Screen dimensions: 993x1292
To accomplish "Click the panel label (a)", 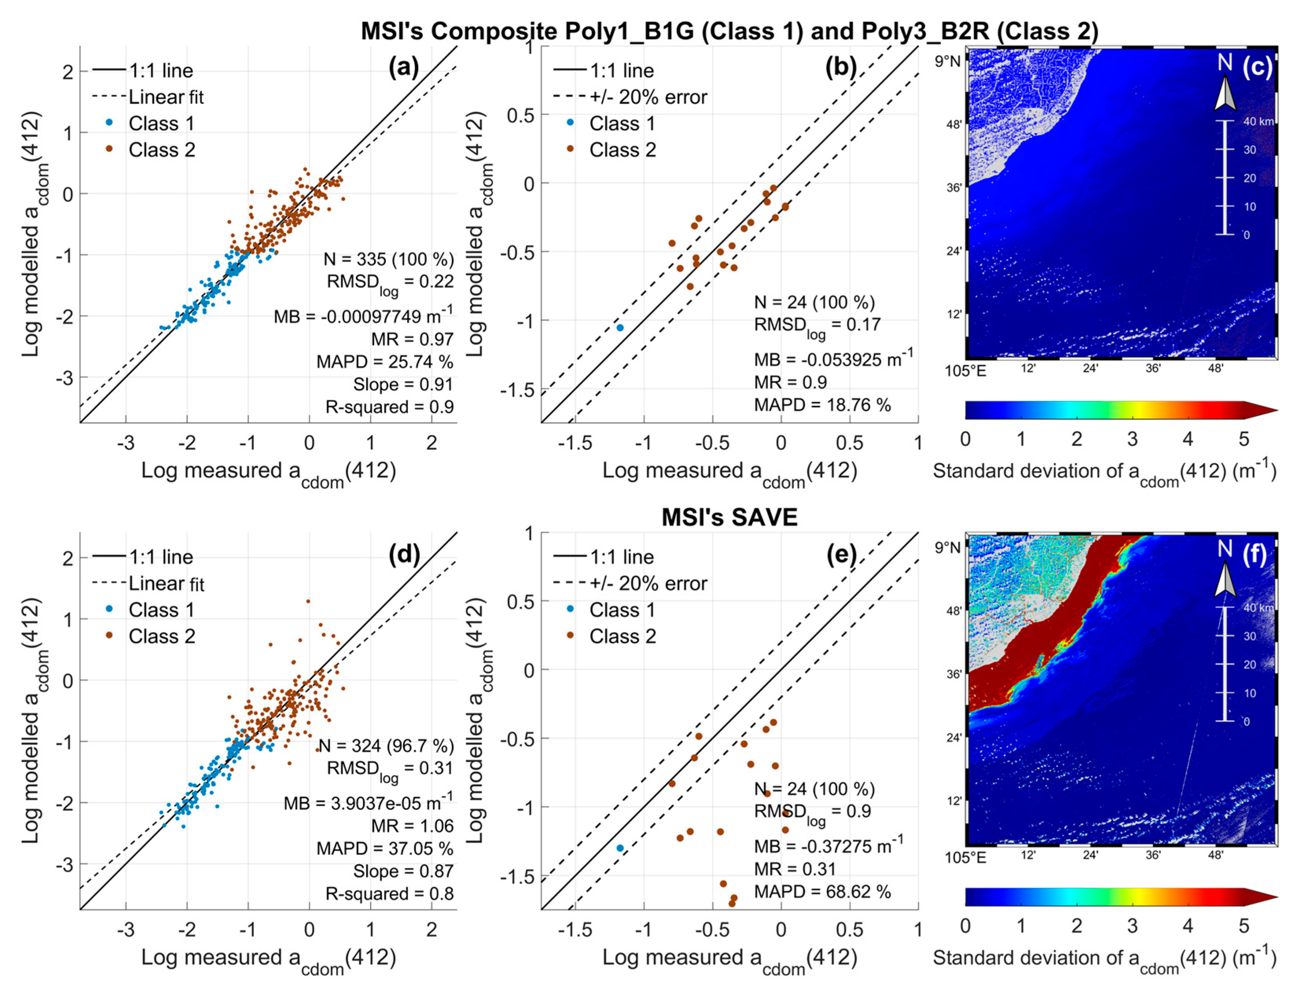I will tap(403, 68).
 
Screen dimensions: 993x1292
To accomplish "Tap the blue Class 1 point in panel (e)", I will tap(620, 848).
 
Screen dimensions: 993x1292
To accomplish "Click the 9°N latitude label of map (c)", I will tap(947, 61).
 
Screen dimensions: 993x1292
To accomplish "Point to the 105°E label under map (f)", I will tap(965, 856).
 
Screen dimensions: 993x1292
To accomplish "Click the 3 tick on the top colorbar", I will tap(1132, 439).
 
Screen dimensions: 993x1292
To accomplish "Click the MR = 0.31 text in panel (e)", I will tap(795, 869).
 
